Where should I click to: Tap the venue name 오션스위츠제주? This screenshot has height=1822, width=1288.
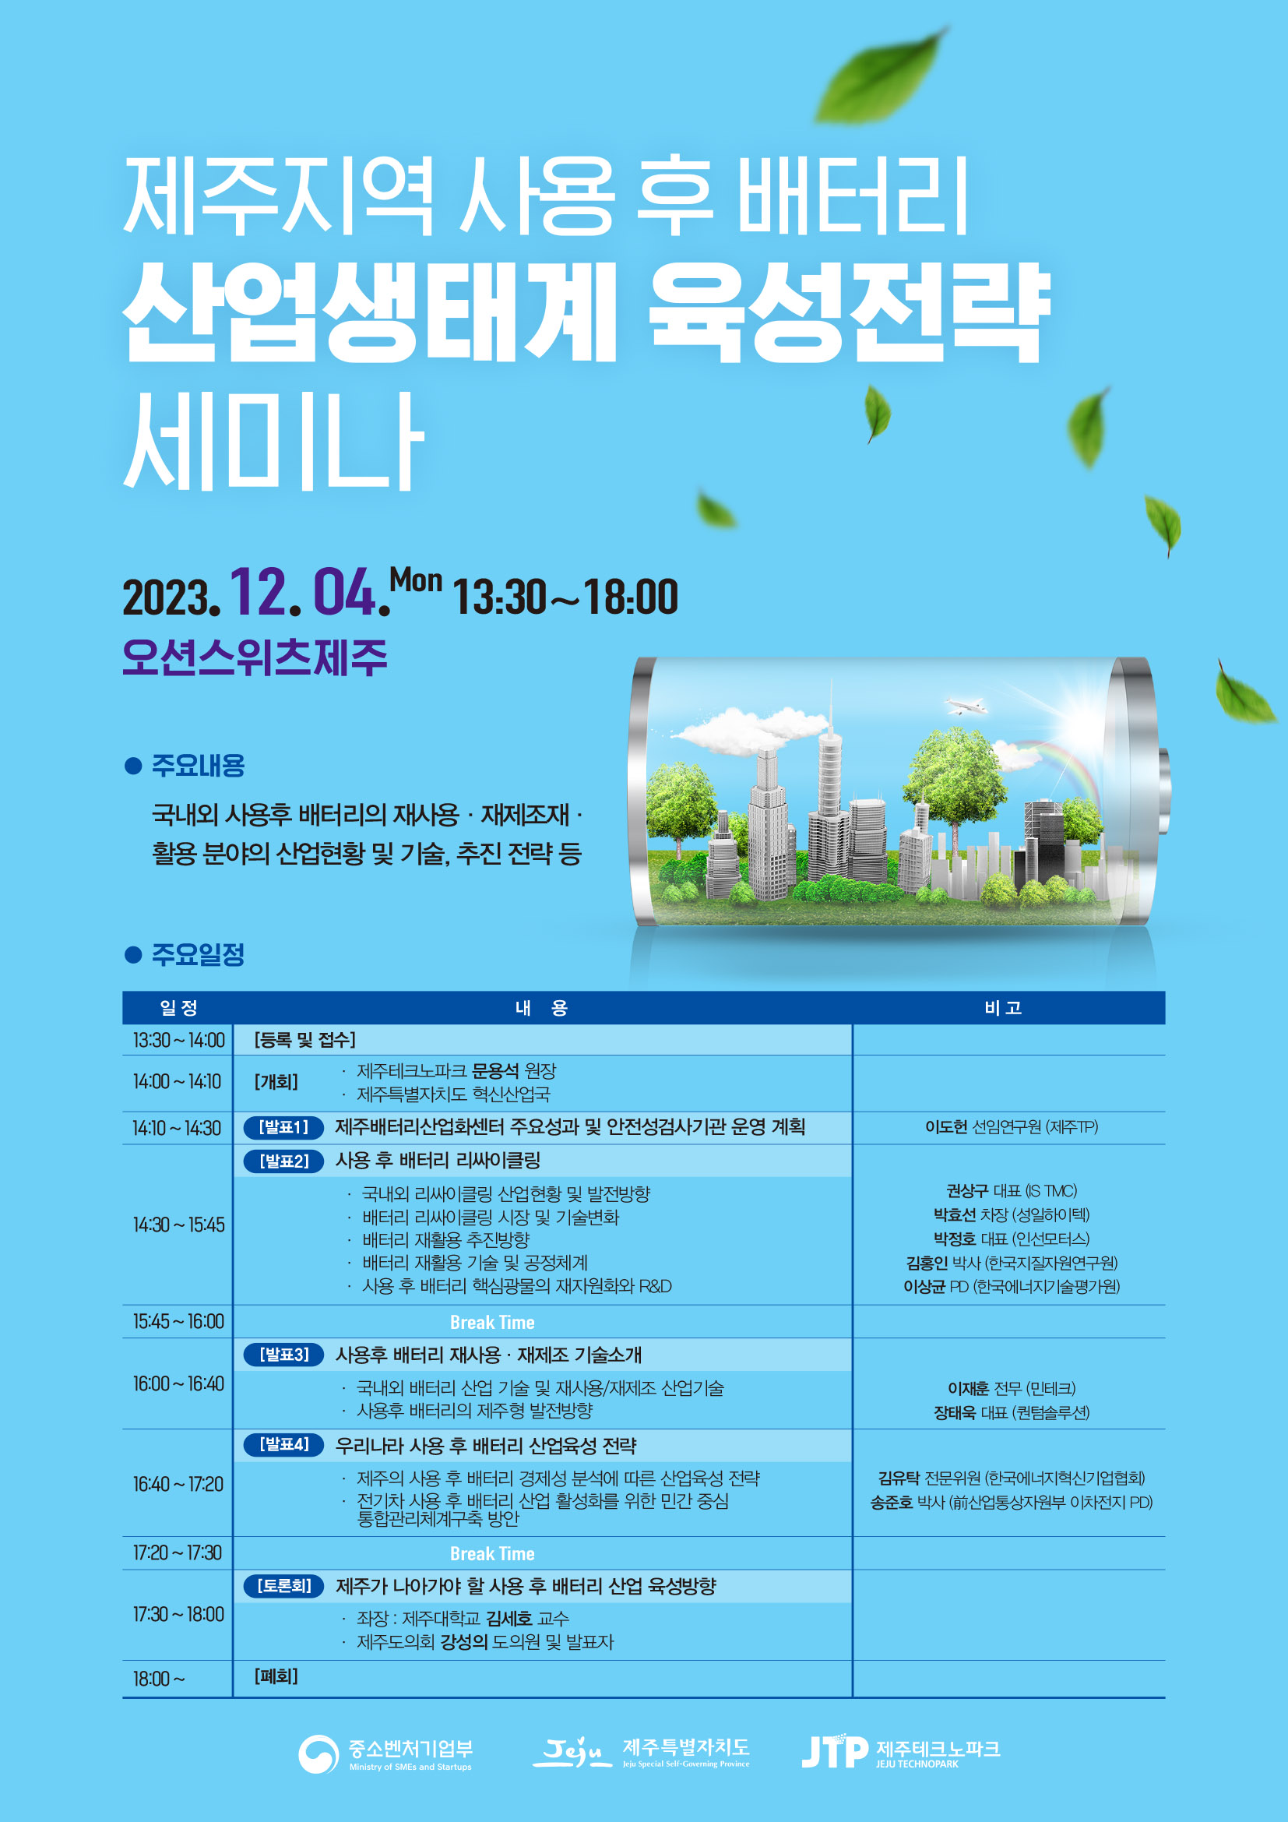(x=255, y=657)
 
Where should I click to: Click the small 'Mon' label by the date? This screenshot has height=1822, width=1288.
(x=416, y=580)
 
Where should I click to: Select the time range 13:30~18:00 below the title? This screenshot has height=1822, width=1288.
(x=565, y=597)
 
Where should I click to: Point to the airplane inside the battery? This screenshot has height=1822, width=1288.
(x=965, y=705)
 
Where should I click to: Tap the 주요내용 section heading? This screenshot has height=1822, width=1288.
(x=198, y=765)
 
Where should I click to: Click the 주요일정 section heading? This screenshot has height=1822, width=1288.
(x=198, y=954)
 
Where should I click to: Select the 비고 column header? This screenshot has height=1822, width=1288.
(x=1002, y=1008)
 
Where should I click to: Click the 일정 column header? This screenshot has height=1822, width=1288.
(x=178, y=1008)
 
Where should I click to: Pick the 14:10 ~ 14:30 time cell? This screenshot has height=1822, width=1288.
(x=177, y=1128)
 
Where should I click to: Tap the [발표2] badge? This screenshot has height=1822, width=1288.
(x=284, y=1161)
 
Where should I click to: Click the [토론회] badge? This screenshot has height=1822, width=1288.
(x=284, y=1585)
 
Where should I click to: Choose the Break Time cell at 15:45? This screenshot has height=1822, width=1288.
(x=491, y=1322)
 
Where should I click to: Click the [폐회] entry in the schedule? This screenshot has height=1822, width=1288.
(x=276, y=1676)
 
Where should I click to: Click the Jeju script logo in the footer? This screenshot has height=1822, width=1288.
(x=571, y=1750)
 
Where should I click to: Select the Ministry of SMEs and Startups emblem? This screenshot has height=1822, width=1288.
(x=318, y=1753)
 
